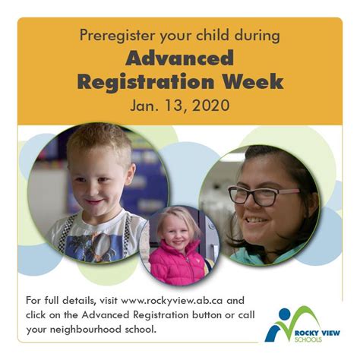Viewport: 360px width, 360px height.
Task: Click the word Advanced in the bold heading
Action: click(179, 58)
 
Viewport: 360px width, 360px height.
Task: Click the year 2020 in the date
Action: click(211, 106)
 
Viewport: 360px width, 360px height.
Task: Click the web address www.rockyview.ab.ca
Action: click(172, 301)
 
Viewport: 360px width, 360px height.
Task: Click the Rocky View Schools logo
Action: click(302, 324)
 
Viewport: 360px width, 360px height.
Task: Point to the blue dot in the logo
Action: click(285, 314)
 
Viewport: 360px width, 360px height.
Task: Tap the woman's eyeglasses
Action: click(264, 195)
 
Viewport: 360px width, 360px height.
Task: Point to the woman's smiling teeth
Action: click(256, 219)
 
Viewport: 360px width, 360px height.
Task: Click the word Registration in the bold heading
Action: click(146, 81)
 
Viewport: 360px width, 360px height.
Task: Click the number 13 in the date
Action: click(174, 106)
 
